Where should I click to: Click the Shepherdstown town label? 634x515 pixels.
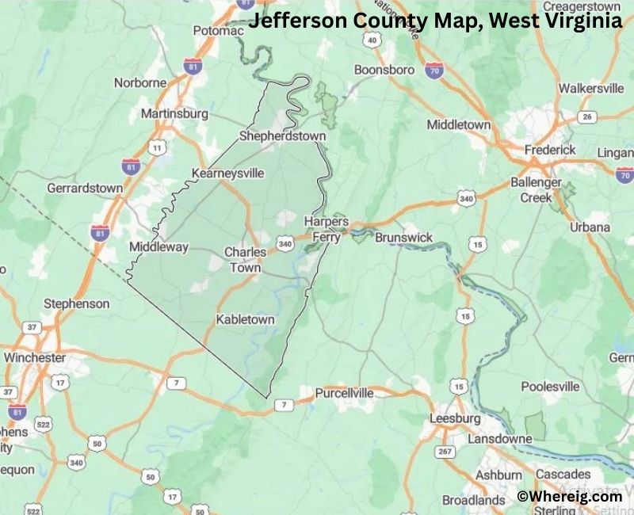tap(282, 136)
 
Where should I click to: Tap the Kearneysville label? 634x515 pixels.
tap(227, 173)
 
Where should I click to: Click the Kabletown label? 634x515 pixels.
tap(246, 320)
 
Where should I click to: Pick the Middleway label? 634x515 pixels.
tap(158, 247)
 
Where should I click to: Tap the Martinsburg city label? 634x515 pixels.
tap(174, 113)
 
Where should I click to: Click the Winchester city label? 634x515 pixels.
tap(35, 357)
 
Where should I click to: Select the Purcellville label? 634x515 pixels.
tap(344, 393)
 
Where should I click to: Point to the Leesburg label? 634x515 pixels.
tap(455, 418)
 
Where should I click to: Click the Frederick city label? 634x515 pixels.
tap(551, 150)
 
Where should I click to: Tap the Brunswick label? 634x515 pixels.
tap(404, 238)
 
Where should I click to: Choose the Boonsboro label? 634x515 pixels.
tap(384, 70)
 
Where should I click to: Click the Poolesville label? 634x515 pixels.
tap(550, 387)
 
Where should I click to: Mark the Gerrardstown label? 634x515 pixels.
tap(85, 188)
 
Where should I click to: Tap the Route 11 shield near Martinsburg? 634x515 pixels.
tap(157, 147)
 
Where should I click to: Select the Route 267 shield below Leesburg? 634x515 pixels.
tap(445, 451)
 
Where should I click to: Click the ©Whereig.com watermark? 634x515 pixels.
tap(569, 496)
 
